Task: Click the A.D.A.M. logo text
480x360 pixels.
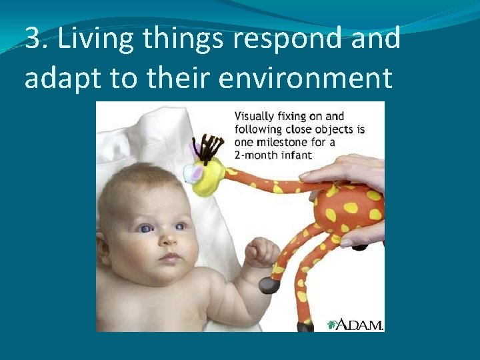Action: (x=359, y=324)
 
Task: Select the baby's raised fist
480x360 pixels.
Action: (x=262, y=251)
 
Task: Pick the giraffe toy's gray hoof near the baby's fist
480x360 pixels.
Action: (x=269, y=285)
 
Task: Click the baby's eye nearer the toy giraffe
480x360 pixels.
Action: (x=180, y=226)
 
